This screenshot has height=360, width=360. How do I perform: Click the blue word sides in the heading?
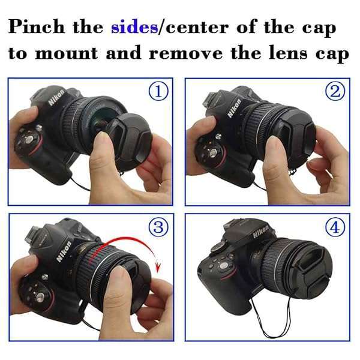[x=134, y=27]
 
